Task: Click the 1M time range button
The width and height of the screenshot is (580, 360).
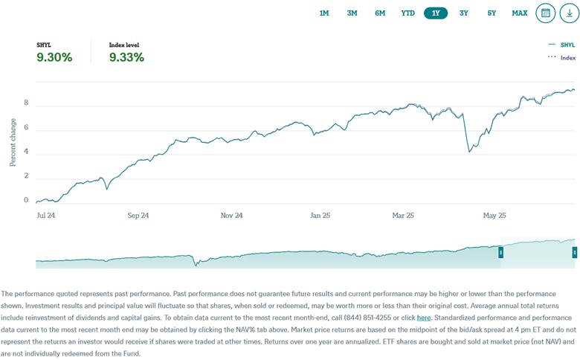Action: click(x=324, y=13)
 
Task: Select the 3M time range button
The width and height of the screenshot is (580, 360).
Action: click(x=352, y=13)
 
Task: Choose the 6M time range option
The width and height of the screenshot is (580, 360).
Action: click(x=380, y=13)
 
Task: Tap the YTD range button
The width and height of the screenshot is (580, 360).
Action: click(x=408, y=13)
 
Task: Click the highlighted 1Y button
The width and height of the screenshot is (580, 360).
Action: click(x=436, y=13)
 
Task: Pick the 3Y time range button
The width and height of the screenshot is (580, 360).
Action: click(x=464, y=13)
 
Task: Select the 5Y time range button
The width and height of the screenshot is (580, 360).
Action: click(x=492, y=13)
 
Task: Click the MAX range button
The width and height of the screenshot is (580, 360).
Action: click(x=520, y=13)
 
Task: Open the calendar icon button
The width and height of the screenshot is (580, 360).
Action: click(x=546, y=13)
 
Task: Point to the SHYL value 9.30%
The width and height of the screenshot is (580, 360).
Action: click(x=54, y=57)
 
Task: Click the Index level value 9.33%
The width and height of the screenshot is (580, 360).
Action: click(x=126, y=57)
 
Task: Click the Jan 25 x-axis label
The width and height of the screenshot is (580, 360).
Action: click(x=320, y=216)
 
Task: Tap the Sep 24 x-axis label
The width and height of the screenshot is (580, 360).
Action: click(x=138, y=216)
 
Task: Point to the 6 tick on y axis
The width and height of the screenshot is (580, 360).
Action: click(x=26, y=127)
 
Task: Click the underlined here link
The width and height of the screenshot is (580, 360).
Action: click(x=423, y=317)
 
